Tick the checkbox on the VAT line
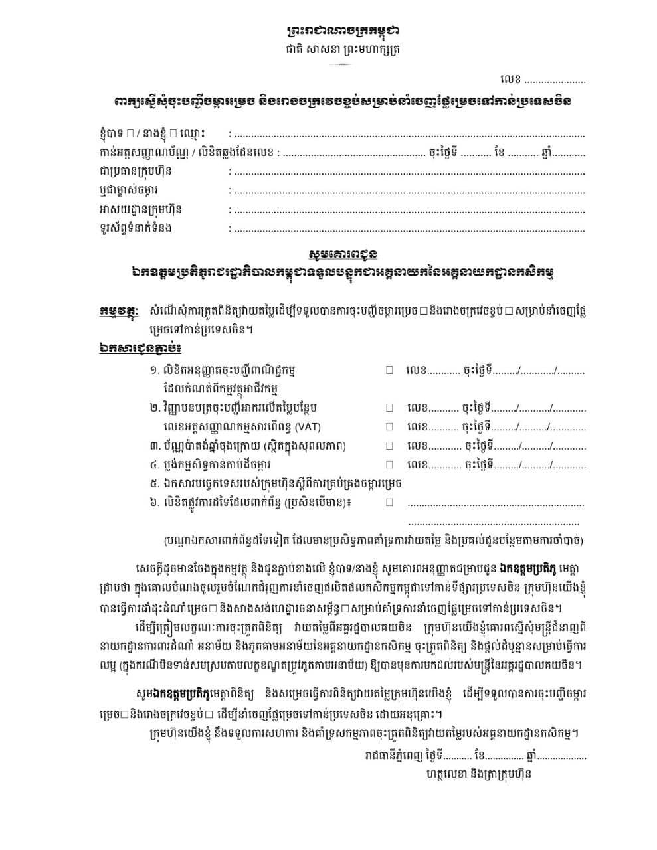click(x=390, y=426)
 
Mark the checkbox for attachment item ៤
click(x=390, y=464)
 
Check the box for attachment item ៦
click(x=390, y=502)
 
